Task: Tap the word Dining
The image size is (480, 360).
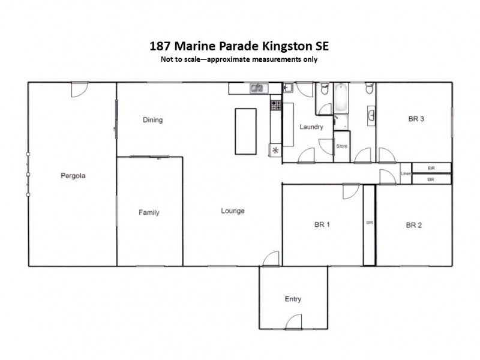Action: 152,120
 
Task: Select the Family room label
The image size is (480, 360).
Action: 149,212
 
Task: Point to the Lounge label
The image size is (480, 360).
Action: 233,211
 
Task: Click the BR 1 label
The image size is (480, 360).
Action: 322,225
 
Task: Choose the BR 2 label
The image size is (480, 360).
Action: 414,226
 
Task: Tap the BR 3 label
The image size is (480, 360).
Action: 416,119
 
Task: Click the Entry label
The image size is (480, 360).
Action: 293,299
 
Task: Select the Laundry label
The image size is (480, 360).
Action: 311,127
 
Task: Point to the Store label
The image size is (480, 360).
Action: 341,146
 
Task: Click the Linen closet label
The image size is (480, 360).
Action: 406,174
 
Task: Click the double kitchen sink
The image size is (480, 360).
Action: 257,88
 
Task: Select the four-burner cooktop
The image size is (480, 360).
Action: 276,105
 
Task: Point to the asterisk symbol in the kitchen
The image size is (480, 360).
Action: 276,150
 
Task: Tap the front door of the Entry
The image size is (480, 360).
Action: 293,323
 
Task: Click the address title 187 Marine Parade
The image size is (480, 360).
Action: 239,46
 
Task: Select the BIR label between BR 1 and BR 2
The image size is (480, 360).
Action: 370,223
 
